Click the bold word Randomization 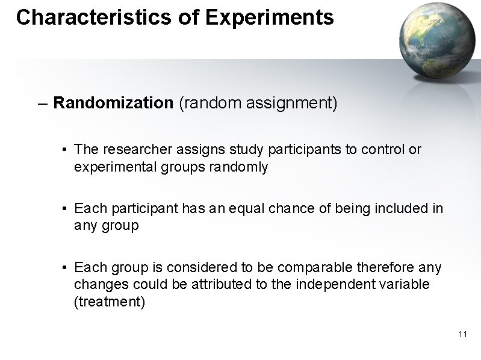pos(113,103)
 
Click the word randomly pos(239,167)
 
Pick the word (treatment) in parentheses pos(109,302)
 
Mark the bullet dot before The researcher pos(64,150)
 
